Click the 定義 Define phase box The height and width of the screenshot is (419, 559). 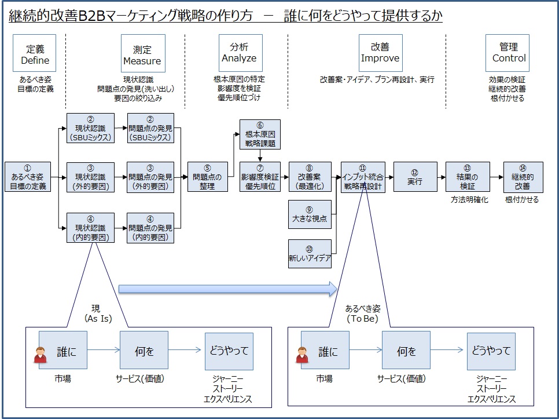[x=35, y=53]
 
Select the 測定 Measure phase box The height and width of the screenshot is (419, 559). [x=142, y=53]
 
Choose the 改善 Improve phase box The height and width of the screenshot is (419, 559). [x=380, y=53]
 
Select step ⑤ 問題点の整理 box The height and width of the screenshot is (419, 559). [x=207, y=177]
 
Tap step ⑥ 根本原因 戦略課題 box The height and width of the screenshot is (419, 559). [x=260, y=134]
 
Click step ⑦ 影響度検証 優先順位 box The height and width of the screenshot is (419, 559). [x=260, y=177]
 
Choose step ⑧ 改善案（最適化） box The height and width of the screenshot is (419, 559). [x=310, y=177]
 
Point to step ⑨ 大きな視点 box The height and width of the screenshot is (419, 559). [x=310, y=214]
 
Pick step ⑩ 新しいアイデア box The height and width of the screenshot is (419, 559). [x=310, y=254]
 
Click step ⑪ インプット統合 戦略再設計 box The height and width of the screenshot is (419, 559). [x=363, y=177]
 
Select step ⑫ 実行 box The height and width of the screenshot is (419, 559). [x=414, y=177]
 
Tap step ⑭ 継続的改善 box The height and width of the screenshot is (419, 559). [x=523, y=177]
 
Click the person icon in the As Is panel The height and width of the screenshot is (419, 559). [x=40, y=354]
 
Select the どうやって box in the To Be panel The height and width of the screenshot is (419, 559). [x=491, y=351]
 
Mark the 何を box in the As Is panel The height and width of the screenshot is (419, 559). [x=144, y=351]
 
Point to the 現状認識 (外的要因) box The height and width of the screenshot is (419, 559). [x=90, y=177]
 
